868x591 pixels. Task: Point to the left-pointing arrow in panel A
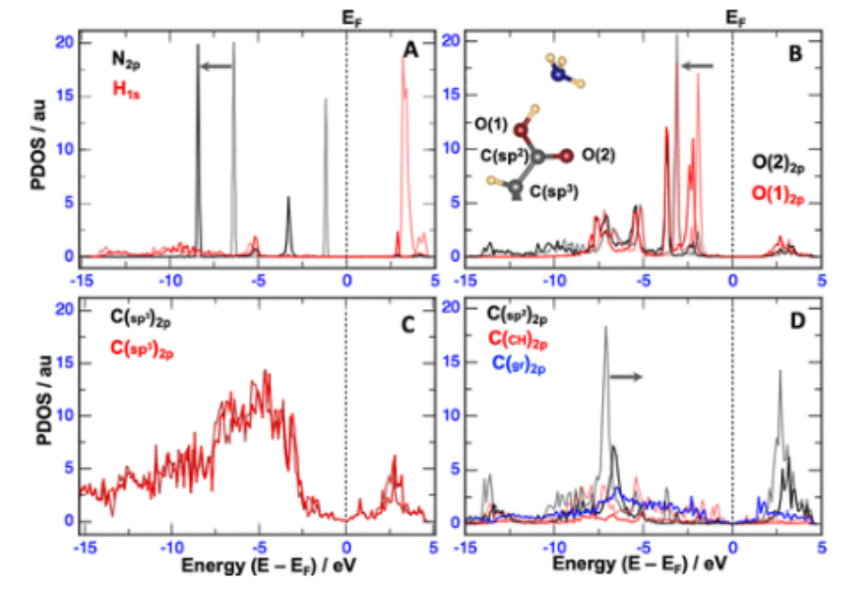click(x=217, y=66)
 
